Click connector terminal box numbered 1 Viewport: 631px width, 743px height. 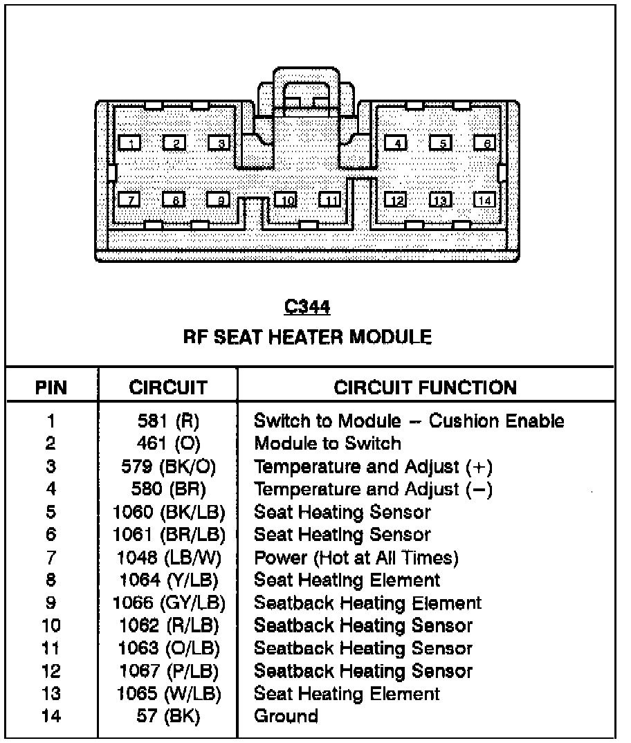click(x=129, y=143)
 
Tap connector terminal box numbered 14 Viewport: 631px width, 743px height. click(x=485, y=200)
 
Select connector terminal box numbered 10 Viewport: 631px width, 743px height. click(x=286, y=200)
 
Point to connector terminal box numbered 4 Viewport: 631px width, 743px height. click(x=396, y=143)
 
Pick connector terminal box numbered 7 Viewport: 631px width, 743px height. click(x=129, y=200)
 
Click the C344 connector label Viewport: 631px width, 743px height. click(x=307, y=306)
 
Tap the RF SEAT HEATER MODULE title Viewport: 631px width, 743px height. click(x=307, y=337)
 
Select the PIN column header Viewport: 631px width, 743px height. click(x=51, y=387)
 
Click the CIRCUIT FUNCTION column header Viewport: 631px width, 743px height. click(x=425, y=387)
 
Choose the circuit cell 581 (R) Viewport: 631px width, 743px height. click(x=168, y=421)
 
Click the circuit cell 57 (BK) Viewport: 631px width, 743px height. click(x=168, y=716)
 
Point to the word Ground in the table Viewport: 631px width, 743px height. click(x=286, y=716)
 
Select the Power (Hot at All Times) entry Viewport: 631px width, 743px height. click(x=356, y=558)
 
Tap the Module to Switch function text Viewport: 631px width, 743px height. click(x=327, y=443)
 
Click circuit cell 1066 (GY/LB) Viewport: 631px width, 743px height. click(x=168, y=603)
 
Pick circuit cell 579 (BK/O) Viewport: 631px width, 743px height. click(x=168, y=466)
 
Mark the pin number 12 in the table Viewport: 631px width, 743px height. click(x=51, y=671)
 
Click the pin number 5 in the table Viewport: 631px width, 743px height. click(x=51, y=512)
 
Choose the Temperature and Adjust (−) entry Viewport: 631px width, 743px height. click(x=373, y=490)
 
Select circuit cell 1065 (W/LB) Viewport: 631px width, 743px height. click(x=168, y=694)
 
